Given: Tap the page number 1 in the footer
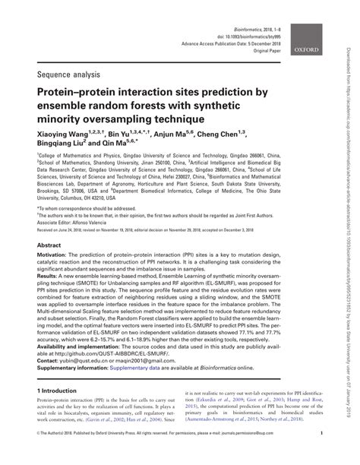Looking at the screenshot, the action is [322, 454].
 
